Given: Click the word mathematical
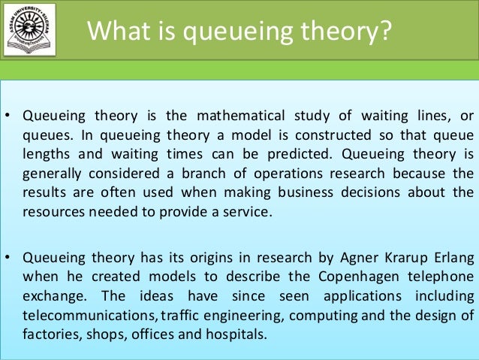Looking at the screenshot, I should click(234, 116).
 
